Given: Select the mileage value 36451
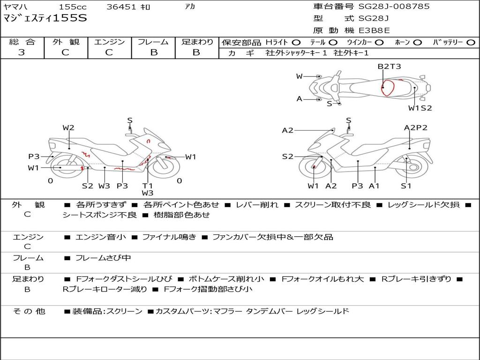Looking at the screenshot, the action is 121,7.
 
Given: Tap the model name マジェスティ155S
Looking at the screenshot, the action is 45,19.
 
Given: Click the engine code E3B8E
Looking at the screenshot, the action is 374,31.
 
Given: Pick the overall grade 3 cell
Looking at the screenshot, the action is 22,52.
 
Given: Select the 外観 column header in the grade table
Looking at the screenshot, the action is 66,42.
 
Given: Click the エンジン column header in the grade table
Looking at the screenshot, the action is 109,42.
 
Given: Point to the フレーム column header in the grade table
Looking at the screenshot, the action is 153,42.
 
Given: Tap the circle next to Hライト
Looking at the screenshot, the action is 296,42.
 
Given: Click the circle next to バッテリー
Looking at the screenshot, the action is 471,42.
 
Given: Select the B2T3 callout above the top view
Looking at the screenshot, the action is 389,67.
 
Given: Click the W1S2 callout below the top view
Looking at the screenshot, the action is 420,108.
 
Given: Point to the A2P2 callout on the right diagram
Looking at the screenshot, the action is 415,127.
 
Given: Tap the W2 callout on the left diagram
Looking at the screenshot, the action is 68,127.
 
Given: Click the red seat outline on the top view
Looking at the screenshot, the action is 388,88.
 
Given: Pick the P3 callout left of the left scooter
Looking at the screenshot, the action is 34,157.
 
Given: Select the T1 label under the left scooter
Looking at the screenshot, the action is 148,186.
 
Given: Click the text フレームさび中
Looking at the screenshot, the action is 103,258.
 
